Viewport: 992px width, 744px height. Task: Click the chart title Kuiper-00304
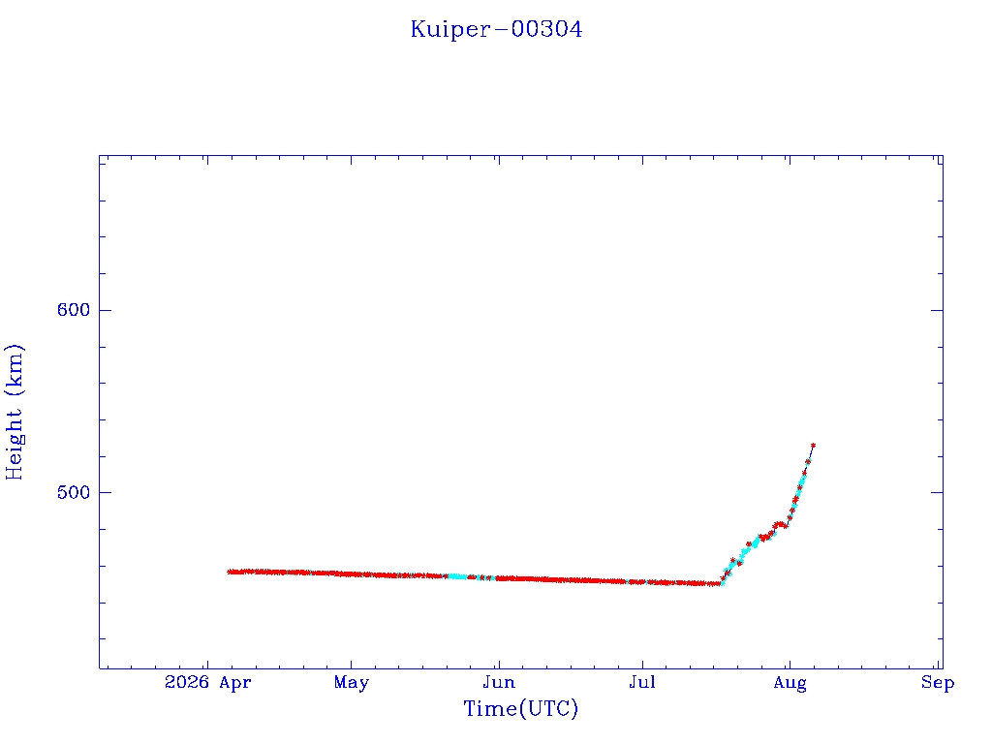[496, 29]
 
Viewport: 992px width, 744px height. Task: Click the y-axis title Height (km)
[14, 412]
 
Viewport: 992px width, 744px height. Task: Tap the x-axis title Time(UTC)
[520, 708]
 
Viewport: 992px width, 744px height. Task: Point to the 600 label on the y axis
[74, 310]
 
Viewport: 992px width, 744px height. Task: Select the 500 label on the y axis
[74, 492]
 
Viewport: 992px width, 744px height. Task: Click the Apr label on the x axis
[235, 683]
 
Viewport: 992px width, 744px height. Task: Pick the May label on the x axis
[351, 683]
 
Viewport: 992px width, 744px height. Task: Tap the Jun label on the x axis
[499, 682]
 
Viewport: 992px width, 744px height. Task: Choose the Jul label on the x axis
[642, 682]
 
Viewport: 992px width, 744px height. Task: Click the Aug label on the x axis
[790, 683]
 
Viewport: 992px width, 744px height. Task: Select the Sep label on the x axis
[938, 683]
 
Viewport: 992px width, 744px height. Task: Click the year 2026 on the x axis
[187, 682]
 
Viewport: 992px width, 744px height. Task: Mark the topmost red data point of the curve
[813, 446]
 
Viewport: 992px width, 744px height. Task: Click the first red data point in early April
[230, 572]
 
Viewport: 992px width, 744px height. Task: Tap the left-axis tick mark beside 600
[105, 310]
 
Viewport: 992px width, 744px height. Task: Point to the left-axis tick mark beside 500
[105, 492]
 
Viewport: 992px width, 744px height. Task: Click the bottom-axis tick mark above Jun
[499, 664]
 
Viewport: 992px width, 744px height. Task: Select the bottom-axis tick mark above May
[351, 664]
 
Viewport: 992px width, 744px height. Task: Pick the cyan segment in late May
[458, 576]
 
